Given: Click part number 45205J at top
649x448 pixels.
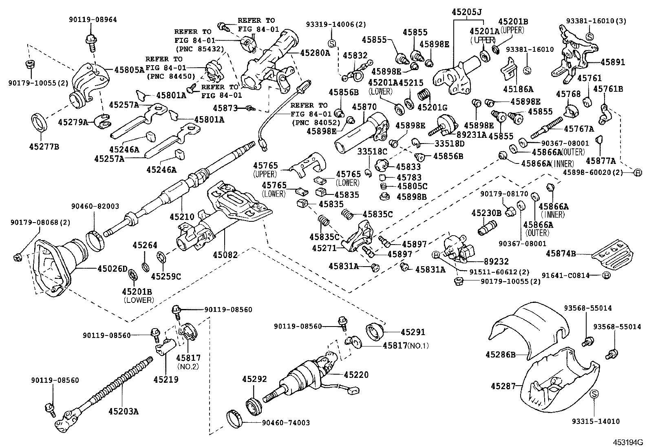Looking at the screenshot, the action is point(467,12).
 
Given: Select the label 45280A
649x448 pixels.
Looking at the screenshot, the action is point(315,53).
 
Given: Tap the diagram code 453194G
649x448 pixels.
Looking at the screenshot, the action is point(628,442).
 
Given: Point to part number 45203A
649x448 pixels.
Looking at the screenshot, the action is point(124,411).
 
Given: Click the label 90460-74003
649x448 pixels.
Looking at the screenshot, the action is point(286,423).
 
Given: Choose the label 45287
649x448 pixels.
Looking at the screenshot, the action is point(503,386).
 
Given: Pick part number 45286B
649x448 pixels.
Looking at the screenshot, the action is point(501,354).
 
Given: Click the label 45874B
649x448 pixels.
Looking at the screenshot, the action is point(561,254).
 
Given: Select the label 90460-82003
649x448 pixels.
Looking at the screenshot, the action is point(95,206).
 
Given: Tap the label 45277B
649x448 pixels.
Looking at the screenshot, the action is point(44,147).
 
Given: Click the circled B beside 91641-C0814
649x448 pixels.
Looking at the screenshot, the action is point(606,275).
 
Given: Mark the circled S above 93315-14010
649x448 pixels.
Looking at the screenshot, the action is point(594,394).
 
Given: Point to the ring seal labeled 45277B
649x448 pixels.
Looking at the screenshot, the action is point(40,123).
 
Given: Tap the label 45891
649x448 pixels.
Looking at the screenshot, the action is point(613,62).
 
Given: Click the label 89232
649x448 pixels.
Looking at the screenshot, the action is point(496,262).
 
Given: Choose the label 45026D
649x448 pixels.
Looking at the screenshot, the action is point(113,269).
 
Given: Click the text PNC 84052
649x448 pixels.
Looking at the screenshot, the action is point(316,123).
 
